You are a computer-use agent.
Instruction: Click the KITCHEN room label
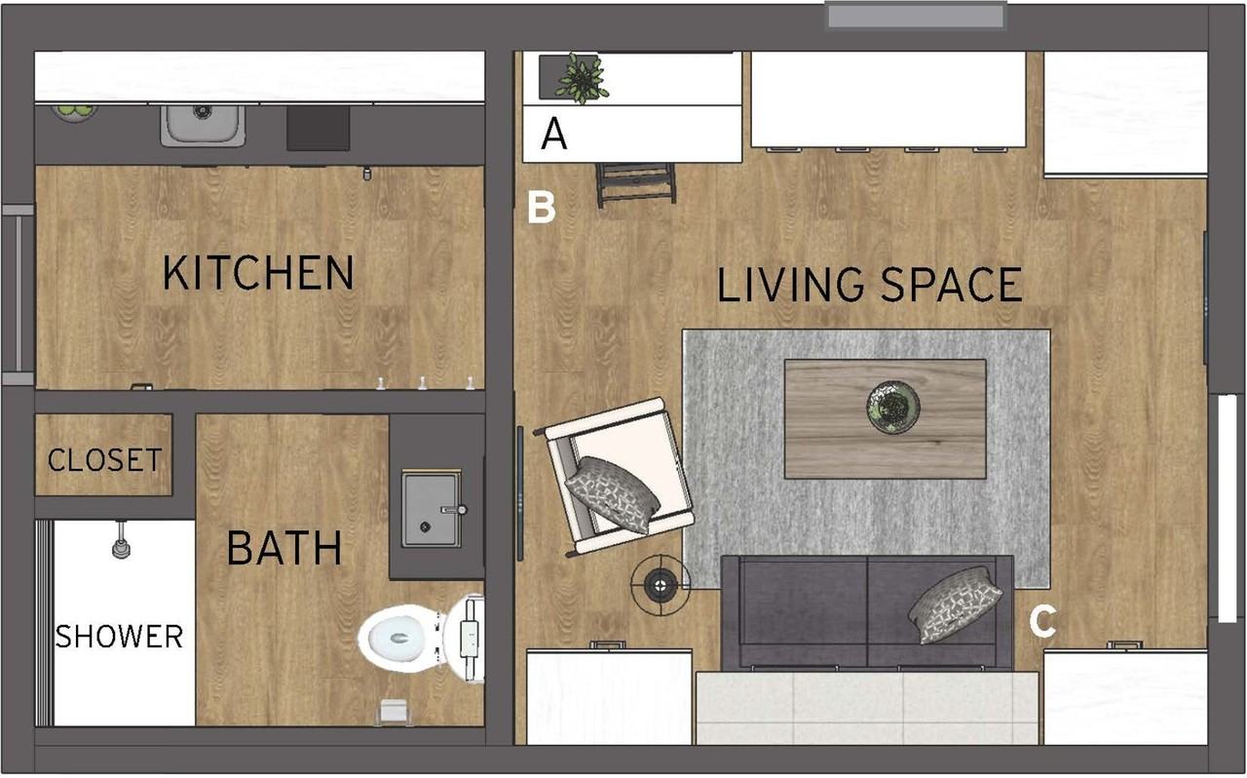click(x=258, y=273)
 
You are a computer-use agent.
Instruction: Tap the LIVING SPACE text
click(x=870, y=285)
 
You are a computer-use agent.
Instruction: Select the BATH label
click(x=283, y=549)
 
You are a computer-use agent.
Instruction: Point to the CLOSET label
click(x=104, y=459)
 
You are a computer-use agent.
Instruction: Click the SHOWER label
click(x=119, y=637)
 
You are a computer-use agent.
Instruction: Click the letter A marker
click(x=553, y=135)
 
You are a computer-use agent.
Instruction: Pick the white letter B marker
click(x=541, y=208)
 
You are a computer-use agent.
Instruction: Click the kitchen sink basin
click(x=203, y=124)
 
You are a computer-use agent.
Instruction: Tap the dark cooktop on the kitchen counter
click(x=318, y=129)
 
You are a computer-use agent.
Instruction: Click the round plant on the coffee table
click(x=893, y=407)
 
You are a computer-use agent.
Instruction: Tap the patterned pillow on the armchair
click(x=613, y=494)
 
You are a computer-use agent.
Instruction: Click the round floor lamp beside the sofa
click(x=661, y=584)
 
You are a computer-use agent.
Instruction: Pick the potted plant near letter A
click(x=581, y=78)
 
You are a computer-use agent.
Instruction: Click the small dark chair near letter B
click(x=636, y=183)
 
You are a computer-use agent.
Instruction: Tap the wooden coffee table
click(x=885, y=419)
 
